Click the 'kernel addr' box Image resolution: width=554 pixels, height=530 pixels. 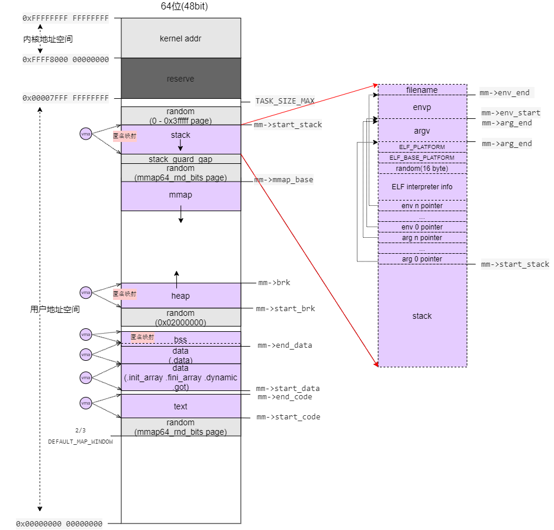(181, 38)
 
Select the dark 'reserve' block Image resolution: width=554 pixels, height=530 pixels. (181, 79)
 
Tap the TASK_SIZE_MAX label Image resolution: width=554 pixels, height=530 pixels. (285, 101)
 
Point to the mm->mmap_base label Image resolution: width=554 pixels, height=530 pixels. (284, 180)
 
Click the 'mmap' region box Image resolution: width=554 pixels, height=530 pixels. (181, 195)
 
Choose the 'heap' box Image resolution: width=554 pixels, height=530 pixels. (181, 296)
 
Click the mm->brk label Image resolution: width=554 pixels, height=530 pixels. (274, 283)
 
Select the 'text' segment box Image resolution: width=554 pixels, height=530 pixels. (181, 406)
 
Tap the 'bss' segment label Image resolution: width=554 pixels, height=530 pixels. (181, 340)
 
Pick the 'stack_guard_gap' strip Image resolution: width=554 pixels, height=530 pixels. (181, 159)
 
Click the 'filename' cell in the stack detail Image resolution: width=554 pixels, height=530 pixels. (422, 90)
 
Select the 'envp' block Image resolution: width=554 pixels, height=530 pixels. (422, 107)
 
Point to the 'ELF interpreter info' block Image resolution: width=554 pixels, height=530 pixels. (422, 187)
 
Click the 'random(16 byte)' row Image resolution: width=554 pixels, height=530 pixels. (422, 169)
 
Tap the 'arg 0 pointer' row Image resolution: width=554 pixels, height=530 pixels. (422, 259)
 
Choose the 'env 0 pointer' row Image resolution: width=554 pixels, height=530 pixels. (422, 227)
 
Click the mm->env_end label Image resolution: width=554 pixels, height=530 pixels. (504, 93)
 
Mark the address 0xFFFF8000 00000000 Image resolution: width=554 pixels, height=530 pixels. (65, 60)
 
